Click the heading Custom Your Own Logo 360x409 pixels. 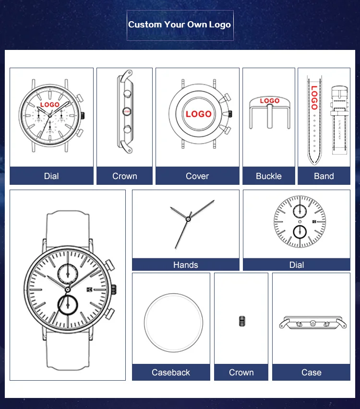tap(180, 24)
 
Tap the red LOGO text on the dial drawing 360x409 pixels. tap(50, 105)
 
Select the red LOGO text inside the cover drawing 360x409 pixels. tap(199, 114)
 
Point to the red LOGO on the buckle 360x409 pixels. tap(270, 101)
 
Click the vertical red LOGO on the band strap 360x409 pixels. tap(314, 97)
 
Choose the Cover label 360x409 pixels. tap(197, 176)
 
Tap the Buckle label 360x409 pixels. tap(269, 176)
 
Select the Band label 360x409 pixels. tap(324, 176)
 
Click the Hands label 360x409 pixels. tap(185, 265)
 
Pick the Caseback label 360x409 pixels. tap(171, 372)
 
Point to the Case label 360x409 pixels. tap(311, 372)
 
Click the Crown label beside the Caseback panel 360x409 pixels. tap(241, 372)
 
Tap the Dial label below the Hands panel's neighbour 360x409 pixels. tap(297, 265)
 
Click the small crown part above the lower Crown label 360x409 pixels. tap(242, 321)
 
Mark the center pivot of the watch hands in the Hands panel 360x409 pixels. tap(188, 219)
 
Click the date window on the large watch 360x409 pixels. tap(89, 289)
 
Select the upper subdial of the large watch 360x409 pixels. tap(68, 274)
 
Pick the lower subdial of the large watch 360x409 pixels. tap(68, 305)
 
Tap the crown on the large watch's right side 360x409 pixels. tap(114, 290)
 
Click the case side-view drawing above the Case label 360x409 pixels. tap(312, 323)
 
